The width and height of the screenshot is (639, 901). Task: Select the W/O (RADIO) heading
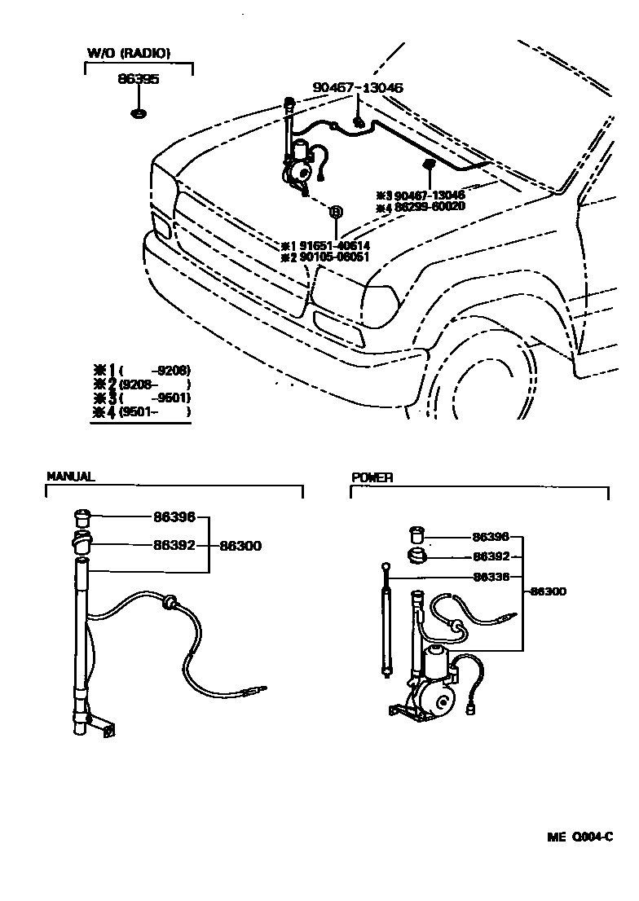point(129,54)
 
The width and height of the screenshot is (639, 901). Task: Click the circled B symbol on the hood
point(334,212)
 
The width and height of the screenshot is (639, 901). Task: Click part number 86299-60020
point(430,207)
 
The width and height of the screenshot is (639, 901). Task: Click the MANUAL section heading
point(71,477)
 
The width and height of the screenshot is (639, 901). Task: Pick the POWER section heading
point(372,478)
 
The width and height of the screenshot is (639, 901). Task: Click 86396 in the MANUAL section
point(174,516)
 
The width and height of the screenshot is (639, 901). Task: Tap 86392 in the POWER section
point(491,557)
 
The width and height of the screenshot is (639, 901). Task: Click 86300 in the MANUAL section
point(240,546)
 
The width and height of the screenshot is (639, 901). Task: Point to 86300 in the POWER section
point(548,591)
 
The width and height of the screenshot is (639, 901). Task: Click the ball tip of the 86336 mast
point(385,564)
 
